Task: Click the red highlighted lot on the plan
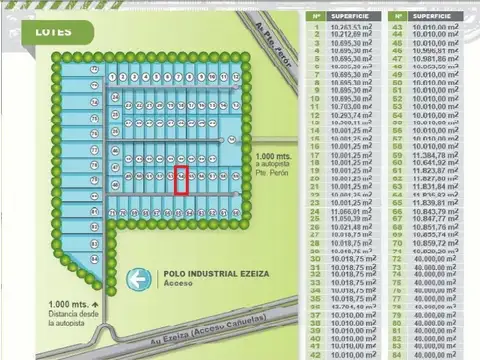(x=181, y=181)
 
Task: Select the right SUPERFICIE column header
(x=436, y=16)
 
